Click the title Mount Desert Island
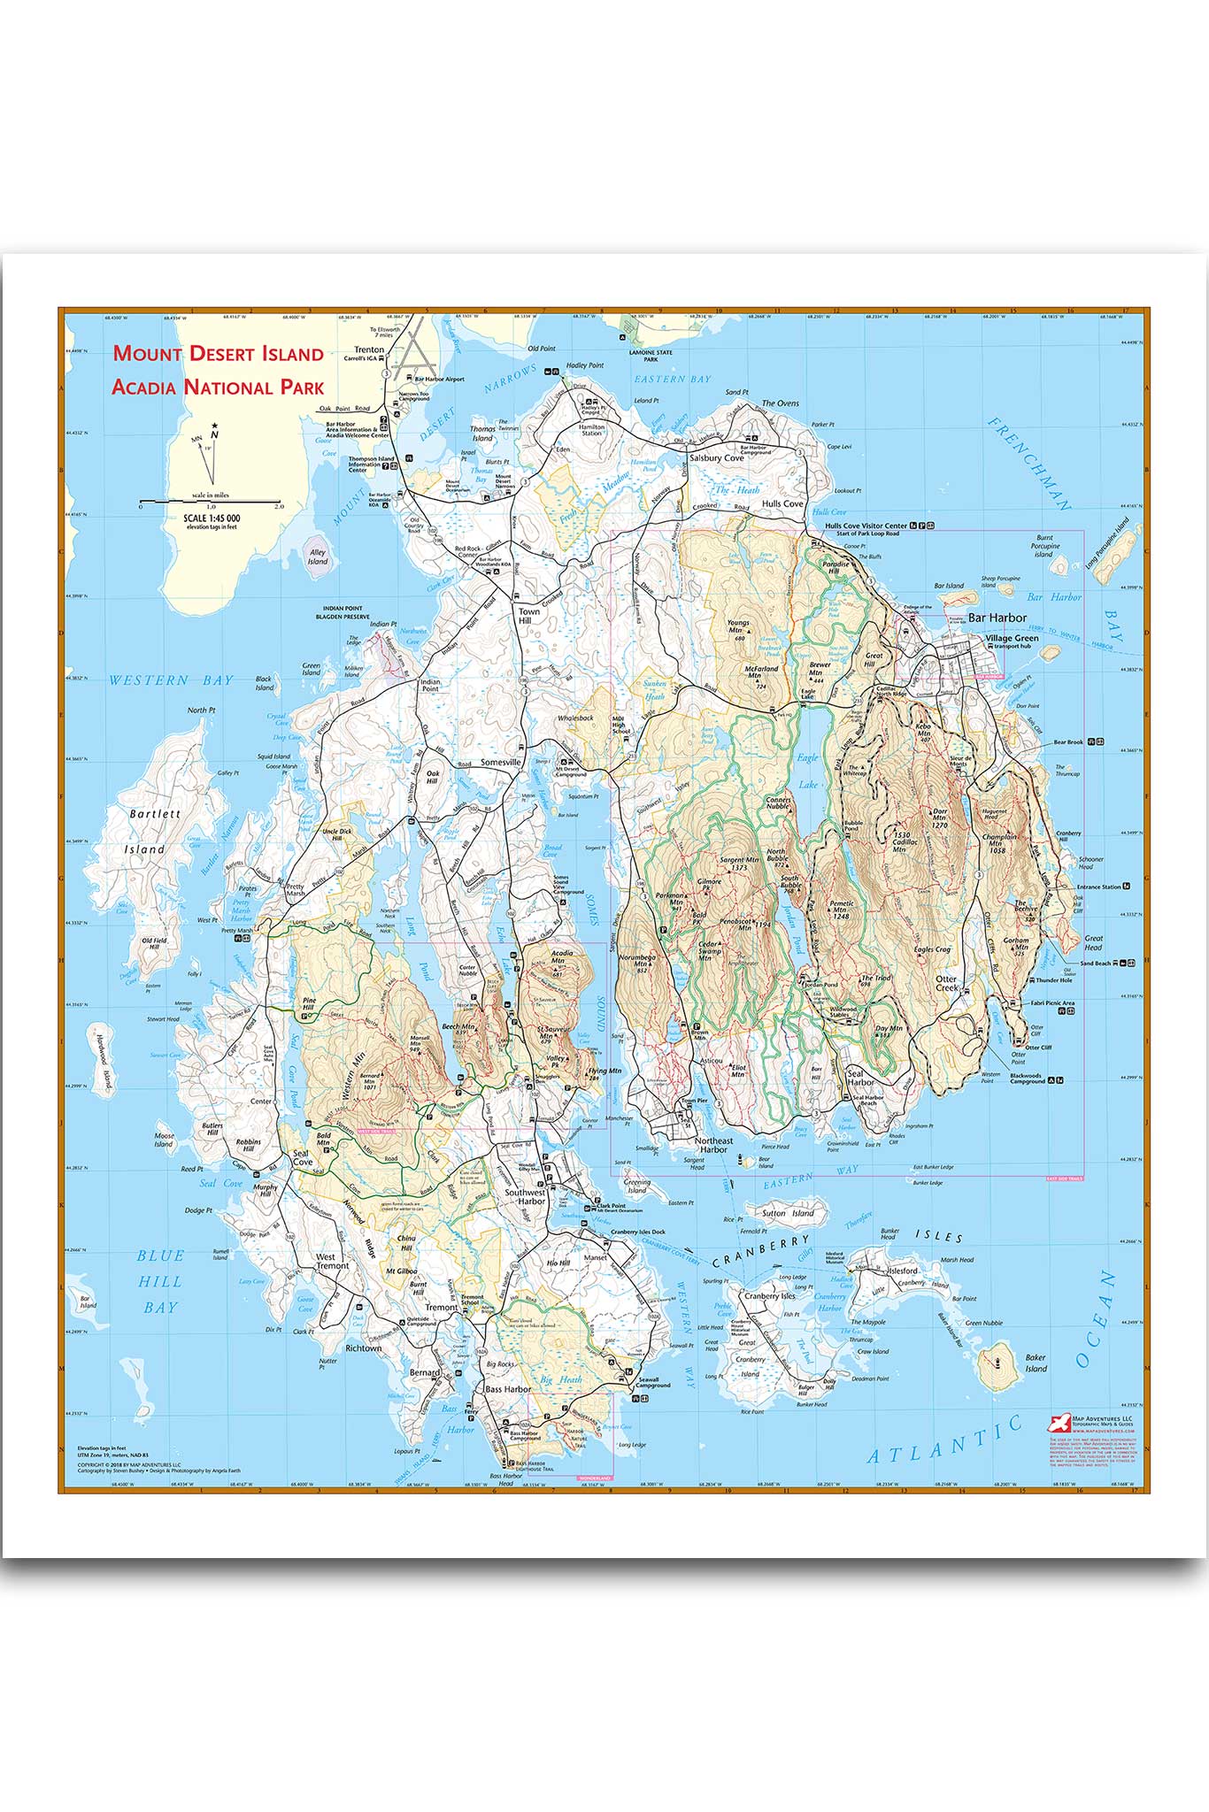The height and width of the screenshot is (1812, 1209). point(218,354)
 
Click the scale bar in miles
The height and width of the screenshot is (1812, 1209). point(210,502)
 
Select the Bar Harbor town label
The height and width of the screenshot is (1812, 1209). point(997,618)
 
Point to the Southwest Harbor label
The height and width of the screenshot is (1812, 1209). point(525,1197)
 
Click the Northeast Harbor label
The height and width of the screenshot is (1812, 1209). point(713,1145)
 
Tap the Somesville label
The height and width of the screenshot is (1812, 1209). point(501,762)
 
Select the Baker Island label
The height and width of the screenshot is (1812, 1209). point(1036,1363)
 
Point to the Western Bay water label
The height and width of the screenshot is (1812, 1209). point(171,680)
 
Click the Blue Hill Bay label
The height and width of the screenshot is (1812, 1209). point(160,1280)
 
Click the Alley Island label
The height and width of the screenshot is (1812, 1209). point(317,557)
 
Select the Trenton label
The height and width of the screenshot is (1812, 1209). point(369,349)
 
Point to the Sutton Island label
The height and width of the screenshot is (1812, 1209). point(787,1213)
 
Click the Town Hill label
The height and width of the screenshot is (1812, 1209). point(528,616)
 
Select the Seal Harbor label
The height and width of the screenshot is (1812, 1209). point(860,1077)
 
